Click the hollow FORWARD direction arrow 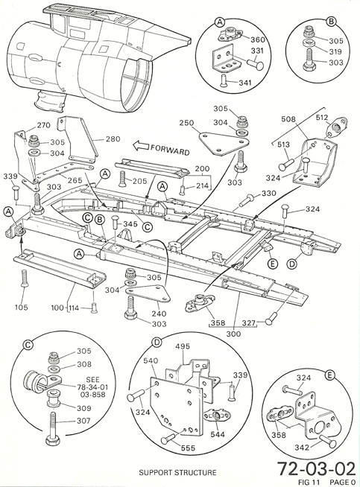pyautogui.click(x=140, y=146)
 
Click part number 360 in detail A pyautogui.click(x=257, y=39)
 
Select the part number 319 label pyautogui.click(x=335, y=51)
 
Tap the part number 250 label pyautogui.click(x=186, y=123)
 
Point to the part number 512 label pyautogui.click(x=322, y=118)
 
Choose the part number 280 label pyautogui.click(x=113, y=139)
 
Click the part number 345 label pyautogui.click(x=130, y=224)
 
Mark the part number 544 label pyautogui.click(x=218, y=434)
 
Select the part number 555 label pyautogui.click(x=188, y=448)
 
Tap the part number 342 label pyautogui.click(x=302, y=448)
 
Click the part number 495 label pyautogui.click(x=183, y=346)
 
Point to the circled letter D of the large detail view pyautogui.click(x=157, y=343)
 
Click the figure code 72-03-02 pyautogui.click(x=316, y=468)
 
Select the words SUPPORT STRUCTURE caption pyautogui.click(x=177, y=473)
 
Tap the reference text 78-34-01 pyautogui.click(x=92, y=387)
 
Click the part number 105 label pyautogui.click(x=22, y=308)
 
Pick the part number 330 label pyautogui.click(x=268, y=194)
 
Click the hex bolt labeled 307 pyautogui.click(x=53, y=430)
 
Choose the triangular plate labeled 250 pyautogui.click(x=224, y=143)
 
